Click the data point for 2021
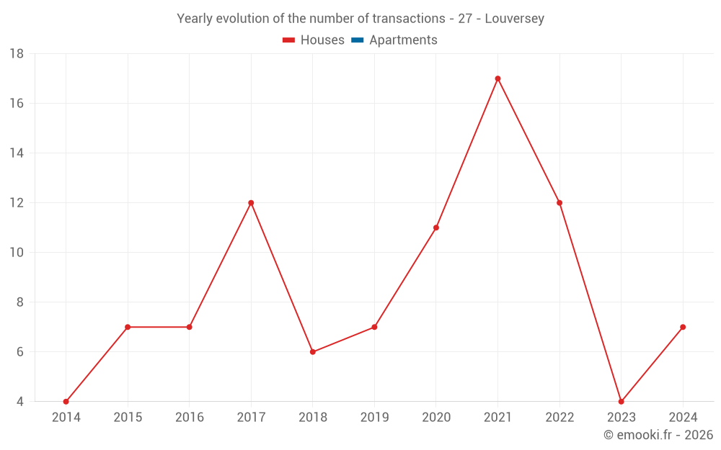pyautogui.click(x=497, y=78)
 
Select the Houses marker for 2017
pyautogui.click(x=251, y=203)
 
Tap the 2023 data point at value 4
pyautogui.click(x=621, y=402)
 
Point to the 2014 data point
pyautogui.click(x=66, y=402)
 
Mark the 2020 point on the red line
pyautogui.click(x=436, y=228)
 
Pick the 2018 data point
pyautogui.click(x=313, y=352)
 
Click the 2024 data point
pyautogui.click(x=683, y=327)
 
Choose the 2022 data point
pyautogui.click(x=559, y=203)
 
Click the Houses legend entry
pyautogui.click(x=322, y=40)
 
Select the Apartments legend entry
pyautogui.click(x=403, y=40)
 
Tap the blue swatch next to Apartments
pyautogui.click(x=357, y=40)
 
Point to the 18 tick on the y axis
pyautogui.click(x=17, y=54)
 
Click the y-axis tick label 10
pyautogui.click(x=17, y=253)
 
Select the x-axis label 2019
pyautogui.click(x=374, y=418)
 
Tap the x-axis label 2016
pyautogui.click(x=189, y=418)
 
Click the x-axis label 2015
pyautogui.click(x=128, y=418)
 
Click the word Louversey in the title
pyautogui.click(x=514, y=19)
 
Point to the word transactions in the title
pyautogui.click(x=405, y=19)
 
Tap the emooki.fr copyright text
pyautogui.click(x=658, y=435)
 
